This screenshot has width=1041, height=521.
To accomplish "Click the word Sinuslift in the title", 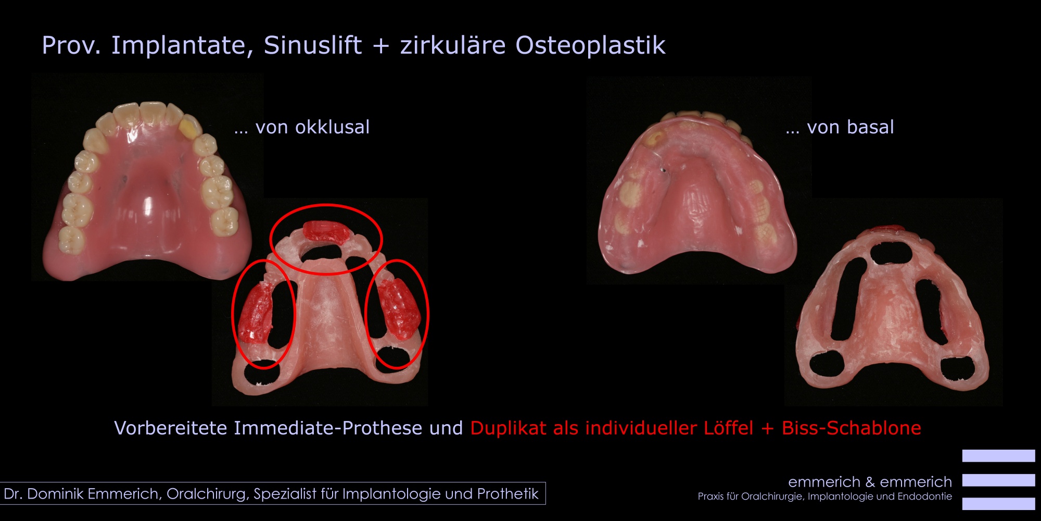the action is pyautogui.click(x=313, y=45).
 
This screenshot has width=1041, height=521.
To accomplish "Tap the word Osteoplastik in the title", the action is pyautogui.click(x=590, y=45).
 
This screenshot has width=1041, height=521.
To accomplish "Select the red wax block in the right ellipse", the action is pyautogui.click(x=398, y=308).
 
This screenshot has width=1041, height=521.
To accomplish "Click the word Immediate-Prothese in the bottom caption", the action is pyautogui.click(x=328, y=428).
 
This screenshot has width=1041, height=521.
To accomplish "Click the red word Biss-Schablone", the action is pyautogui.click(x=852, y=428).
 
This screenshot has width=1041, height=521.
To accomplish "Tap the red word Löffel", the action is pyautogui.click(x=728, y=428).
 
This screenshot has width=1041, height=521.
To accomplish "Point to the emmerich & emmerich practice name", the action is pyautogui.click(x=870, y=481).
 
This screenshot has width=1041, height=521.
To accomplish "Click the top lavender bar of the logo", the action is pyautogui.click(x=998, y=456).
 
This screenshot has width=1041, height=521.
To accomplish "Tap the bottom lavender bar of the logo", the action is pyautogui.click(x=998, y=504).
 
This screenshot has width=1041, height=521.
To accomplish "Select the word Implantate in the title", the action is pyautogui.click(x=182, y=46).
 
